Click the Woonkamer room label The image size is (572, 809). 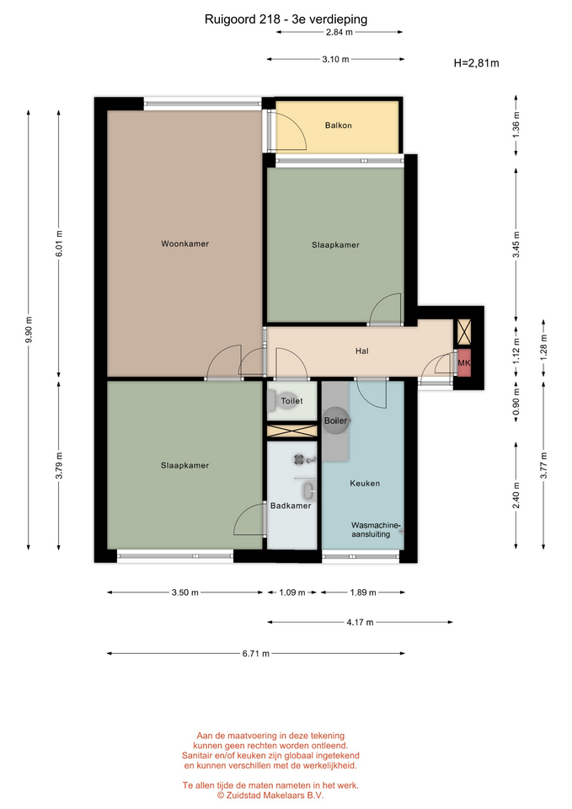pyautogui.click(x=184, y=244)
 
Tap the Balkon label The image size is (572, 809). pyautogui.click(x=339, y=126)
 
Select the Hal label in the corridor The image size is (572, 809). pyautogui.click(x=362, y=351)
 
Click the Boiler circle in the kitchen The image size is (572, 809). pyautogui.click(x=336, y=421)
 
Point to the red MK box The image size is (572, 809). pyautogui.click(x=464, y=362)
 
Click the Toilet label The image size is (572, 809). pyautogui.click(x=292, y=401)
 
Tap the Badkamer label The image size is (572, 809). pyautogui.click(x=291, y=506)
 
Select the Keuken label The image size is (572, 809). pyautogui.click(x=365, y=484)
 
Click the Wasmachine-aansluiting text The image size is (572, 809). pyautogui.click(x=376, y=530)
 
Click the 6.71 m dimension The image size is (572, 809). pyautogui.click(x=256, y=654)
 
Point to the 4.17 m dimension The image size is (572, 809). pyautogui.click(x=360, y=622)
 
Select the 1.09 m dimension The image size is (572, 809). pyautogui.click(x=292, y=592)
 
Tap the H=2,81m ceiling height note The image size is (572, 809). pyautogui.click(x=477, y=63)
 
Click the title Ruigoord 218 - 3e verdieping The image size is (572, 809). pyautogui.click(x=286, y=19)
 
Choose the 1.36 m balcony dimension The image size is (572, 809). pyautogui.click(x=516, y=125)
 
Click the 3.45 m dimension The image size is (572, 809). pyautogui.click(x=516, y=244)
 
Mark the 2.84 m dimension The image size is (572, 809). pyautogui.click(x=339, y=32)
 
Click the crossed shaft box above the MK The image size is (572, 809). pyautogui.click(x=464, y=332)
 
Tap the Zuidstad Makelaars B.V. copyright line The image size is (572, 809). pyautogui.click(x=270, y=796)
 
